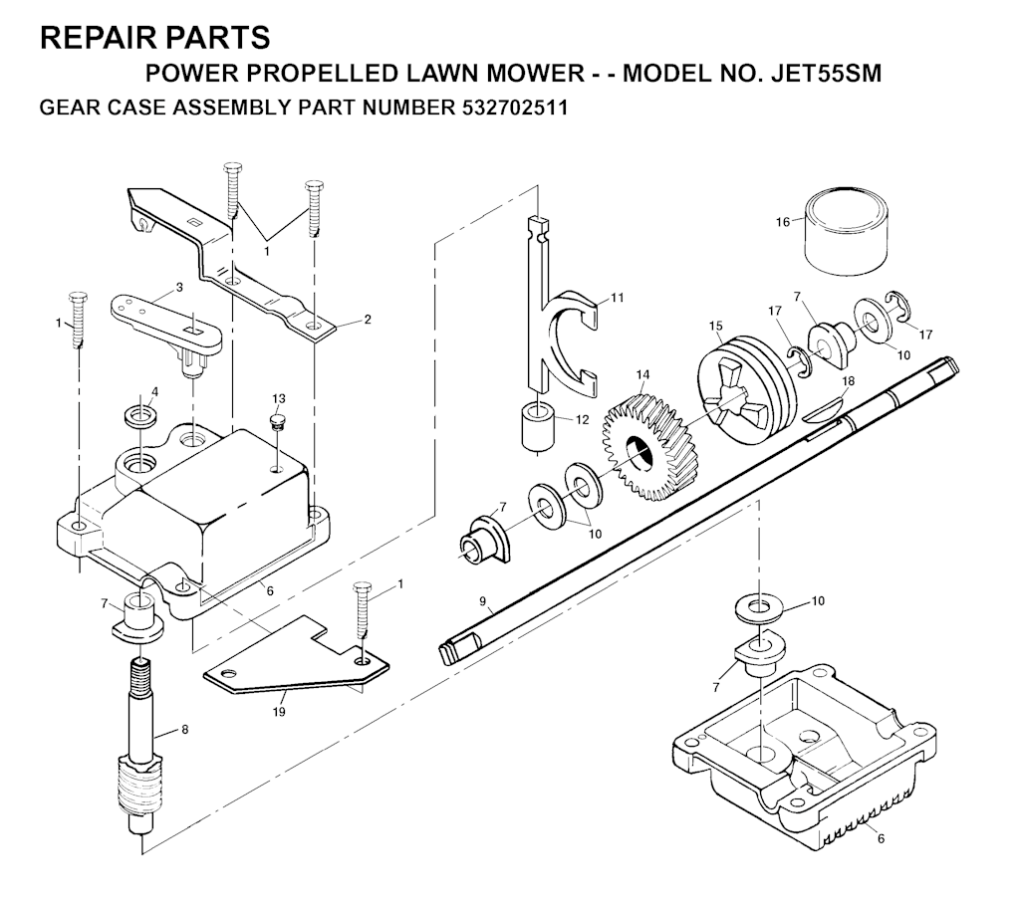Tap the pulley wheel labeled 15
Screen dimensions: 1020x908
click(746, 389)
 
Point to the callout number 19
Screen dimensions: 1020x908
click(279, 712)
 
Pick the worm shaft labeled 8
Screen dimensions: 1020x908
click(139, 745)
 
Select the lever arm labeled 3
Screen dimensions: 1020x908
click(167, 333)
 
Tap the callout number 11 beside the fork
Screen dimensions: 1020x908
click(618, 298)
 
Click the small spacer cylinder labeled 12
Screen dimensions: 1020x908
click(539, 426)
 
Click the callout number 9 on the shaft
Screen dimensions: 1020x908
click(483, 601)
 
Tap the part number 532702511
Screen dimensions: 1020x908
click(515, 108)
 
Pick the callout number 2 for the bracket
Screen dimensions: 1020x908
click(368, 320)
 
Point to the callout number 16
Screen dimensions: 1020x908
click(783, 222)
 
